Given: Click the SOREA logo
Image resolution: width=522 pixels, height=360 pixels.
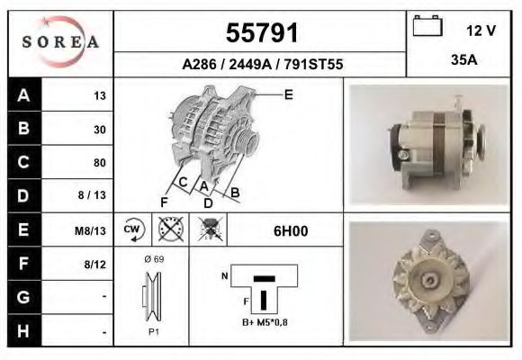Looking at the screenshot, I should coord(60,42).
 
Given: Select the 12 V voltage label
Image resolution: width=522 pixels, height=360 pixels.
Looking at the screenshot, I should coord(481,31).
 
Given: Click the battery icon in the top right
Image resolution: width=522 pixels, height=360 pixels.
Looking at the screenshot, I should coord(427,27).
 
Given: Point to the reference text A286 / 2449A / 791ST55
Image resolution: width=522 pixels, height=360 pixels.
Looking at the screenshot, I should coord(262,65).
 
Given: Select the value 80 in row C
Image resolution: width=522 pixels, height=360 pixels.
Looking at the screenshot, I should coord(99,163).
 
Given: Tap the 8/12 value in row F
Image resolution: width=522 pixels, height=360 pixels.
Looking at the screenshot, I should coord(94,264).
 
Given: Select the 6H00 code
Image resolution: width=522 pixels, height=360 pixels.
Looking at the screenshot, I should coord(291,230).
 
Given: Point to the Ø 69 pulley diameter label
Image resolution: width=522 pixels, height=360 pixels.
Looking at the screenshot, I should coord(152,259).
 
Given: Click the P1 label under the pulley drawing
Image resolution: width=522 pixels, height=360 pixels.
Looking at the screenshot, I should coord(153,330).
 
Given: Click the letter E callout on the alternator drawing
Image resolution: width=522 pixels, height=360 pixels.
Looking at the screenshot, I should coord(288,94).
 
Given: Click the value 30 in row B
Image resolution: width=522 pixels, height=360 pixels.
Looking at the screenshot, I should coord(99,130).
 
